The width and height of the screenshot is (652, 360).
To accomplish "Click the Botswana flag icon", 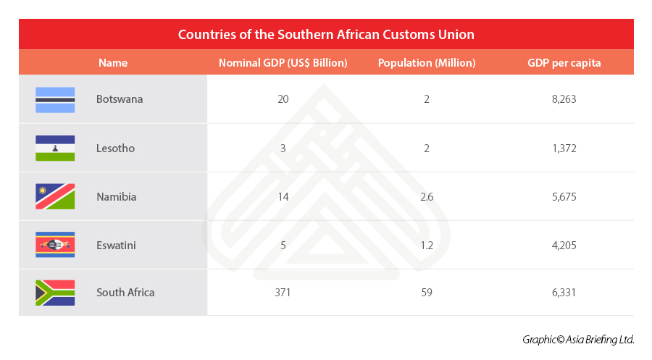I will tap(55, 99).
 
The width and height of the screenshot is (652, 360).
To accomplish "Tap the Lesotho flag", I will tap(55, 148).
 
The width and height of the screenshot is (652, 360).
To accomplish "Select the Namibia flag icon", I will tap(55, 196).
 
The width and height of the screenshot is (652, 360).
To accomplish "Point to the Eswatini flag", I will tap(55, 245).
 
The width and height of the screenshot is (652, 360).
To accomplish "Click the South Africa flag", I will tap(55, 293).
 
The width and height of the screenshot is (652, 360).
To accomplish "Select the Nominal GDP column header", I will tap(283, 63).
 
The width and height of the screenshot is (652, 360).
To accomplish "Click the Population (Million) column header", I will tap(427, 63).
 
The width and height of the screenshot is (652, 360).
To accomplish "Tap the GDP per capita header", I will tap(564, 63).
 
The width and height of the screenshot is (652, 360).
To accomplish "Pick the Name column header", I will tap(113, 63).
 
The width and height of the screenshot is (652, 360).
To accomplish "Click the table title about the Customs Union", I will tap(326, 34).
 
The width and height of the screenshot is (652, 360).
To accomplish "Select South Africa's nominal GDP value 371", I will tap(283, 293).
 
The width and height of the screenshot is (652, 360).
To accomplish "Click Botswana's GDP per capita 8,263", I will tap(564, 99).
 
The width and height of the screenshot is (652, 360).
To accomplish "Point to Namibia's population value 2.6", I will tap(427, 196).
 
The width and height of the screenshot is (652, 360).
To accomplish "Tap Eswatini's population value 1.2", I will tap(427, 245).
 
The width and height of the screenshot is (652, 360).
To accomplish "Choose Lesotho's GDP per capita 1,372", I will tap(564, 148).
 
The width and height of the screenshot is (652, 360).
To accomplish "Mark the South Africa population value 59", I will tap(427, 293).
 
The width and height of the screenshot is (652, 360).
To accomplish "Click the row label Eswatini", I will tap(116, 245).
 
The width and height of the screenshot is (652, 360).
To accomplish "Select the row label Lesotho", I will tap(115, 148).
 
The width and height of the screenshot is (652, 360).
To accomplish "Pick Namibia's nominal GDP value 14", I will tap(283, 196).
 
